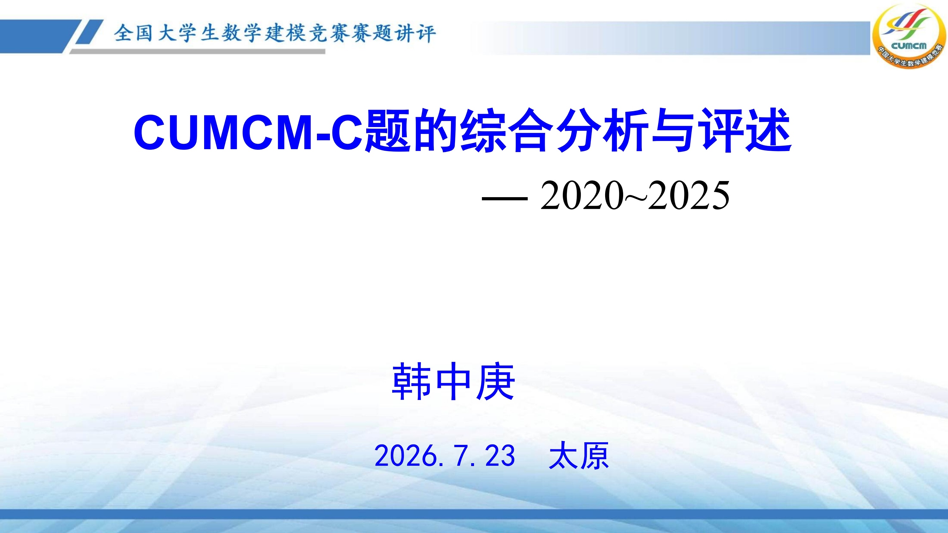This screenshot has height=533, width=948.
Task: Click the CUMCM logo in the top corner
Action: click(x=909, y=36)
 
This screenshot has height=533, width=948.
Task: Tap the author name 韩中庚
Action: click(x=453, y=381)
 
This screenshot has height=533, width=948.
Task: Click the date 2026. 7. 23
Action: click(x=445, y=455)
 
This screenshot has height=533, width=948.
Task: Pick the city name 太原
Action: click(x=579, y=455)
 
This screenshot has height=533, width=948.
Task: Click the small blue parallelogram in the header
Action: click(x=89, y=32)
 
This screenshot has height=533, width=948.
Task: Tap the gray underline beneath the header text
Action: click(x=197, y=52)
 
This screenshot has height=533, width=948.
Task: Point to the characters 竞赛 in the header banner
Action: click(x=329, y=34)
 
